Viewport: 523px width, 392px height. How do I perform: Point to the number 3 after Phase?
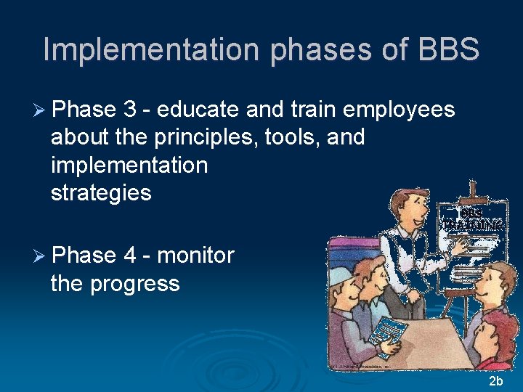(130, 110)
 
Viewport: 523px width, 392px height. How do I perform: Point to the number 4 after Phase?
(130, 255)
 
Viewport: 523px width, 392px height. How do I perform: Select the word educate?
(198, 110)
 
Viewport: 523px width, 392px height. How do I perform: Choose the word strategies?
(101, 193)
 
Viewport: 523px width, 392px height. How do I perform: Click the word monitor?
(196, 255)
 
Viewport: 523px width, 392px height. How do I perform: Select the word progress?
(135, 282)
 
